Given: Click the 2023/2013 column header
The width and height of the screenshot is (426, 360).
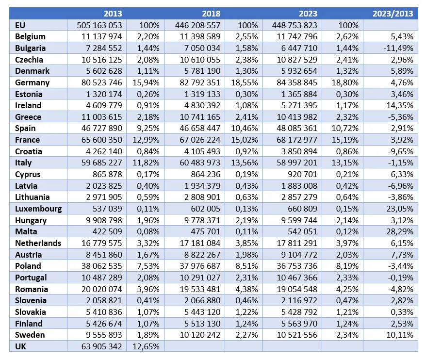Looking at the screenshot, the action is (x=393, y=14).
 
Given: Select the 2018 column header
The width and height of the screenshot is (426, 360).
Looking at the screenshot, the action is (x=211, y=14).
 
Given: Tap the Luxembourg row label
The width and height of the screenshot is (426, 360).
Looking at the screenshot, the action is (x=38, y=209).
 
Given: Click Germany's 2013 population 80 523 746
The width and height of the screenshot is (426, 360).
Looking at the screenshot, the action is (x=101, y=82).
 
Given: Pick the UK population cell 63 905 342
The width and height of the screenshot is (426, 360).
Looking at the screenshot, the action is (x=101, y=346).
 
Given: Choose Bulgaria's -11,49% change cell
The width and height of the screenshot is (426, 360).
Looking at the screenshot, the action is (x=398, y=48).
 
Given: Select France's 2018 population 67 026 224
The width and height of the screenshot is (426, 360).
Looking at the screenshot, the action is (x=200, y=140).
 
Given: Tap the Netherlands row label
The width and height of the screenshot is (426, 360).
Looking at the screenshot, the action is (x=38, y=243).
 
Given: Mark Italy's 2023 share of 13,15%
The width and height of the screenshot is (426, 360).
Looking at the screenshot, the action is (x=345, y=163).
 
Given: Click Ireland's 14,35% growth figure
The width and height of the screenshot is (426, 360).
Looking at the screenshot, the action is (x=400, y=105).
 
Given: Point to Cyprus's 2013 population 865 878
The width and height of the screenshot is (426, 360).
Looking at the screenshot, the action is (x=107, y=174).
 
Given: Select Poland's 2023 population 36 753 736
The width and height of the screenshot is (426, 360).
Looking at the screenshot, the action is (x=297, y=266).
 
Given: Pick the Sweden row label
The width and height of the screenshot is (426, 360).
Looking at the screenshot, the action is (x=30, y=335).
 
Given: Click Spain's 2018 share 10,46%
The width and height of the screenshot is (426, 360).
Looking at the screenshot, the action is (x=245, y=128).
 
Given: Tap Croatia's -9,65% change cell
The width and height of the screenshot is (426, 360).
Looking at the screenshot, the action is (x=400, y=151).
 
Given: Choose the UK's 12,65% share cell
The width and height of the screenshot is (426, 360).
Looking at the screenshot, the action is (x=146, y=346).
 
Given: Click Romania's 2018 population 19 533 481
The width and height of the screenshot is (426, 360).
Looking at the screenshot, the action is (x=200, y=289).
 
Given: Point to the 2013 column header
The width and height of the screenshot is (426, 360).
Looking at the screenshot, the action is (x=113, y=14).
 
